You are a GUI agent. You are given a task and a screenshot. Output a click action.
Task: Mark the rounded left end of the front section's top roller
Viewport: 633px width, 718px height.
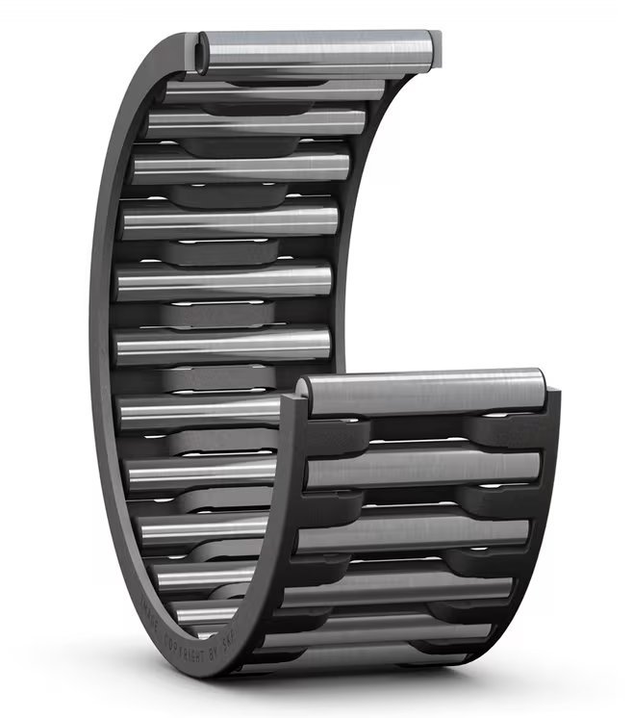(302, 390)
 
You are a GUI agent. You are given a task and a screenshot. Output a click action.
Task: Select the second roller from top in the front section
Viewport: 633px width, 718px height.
(423, 467)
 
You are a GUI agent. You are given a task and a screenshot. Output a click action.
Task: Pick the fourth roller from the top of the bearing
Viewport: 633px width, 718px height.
(241, 167)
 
